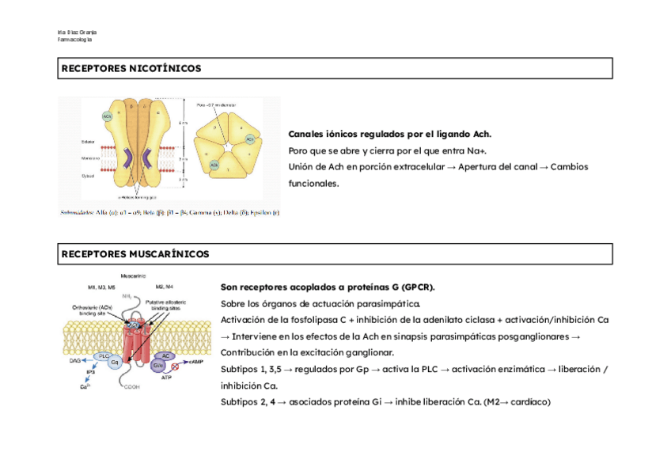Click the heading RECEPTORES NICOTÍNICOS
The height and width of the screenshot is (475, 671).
point(131,69)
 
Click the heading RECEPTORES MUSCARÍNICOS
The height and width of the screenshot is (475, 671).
point(135,254)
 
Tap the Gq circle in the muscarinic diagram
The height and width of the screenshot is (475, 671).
point(114,363)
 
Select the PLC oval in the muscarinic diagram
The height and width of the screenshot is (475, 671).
point(103,356)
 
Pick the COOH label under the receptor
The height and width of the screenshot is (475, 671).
point(131,388)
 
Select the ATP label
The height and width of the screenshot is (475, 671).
point(166,378)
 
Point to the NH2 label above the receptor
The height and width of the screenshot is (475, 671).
point(127,296)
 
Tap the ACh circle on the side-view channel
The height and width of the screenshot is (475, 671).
point(107,116)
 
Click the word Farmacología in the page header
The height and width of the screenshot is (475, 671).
point(75,40)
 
